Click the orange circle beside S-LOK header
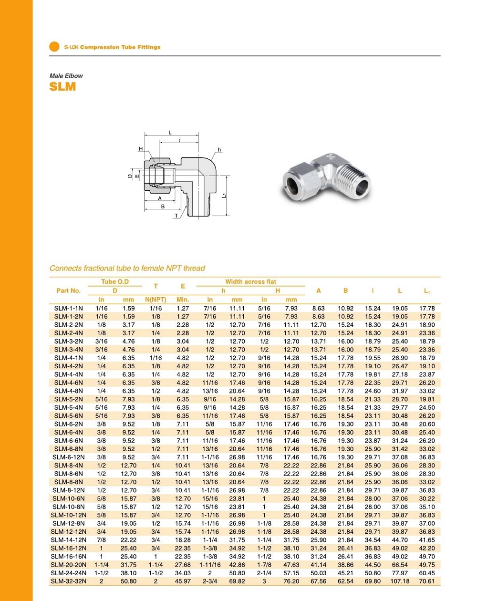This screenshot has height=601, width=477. [x=54, y=47]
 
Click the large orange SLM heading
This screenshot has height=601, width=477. [x=62, y=87]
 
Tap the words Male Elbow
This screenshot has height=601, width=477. [x=66, y=76]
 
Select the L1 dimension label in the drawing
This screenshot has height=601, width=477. [x=224, y=195]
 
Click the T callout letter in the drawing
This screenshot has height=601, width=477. [x=176, y=216]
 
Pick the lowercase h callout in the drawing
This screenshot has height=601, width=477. [x=219, y=150]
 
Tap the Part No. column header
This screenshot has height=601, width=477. [x=69, y=290]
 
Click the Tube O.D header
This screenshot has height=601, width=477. [x=115, y=282]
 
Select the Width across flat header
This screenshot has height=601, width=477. [x=250, y=282]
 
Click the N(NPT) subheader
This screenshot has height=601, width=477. [x=156, y=300]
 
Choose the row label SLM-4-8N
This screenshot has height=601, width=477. [x=68, y=391]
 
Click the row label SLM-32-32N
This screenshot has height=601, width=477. [x=68, y=581]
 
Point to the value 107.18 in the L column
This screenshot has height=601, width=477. [x=400, y=581]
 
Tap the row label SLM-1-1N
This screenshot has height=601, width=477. [x=68, y=308]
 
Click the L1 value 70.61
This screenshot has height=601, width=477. [x=427, y=581]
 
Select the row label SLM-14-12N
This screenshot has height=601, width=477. [x=68, y=540]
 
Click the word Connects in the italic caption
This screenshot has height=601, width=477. [x=65, y=268]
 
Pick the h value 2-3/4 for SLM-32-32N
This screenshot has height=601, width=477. [x=210, y=581]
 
